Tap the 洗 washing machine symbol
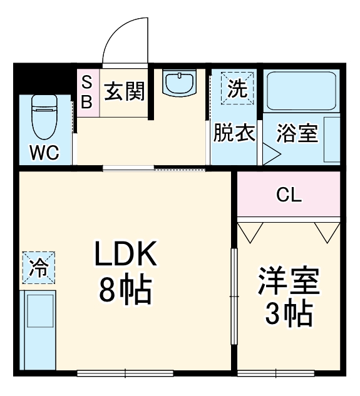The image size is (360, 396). [236, 88]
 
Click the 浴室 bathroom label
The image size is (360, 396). [297, 133]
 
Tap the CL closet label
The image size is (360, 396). [289, 195]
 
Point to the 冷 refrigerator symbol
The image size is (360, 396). [39, 267]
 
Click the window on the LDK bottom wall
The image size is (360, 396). [125, 373]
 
